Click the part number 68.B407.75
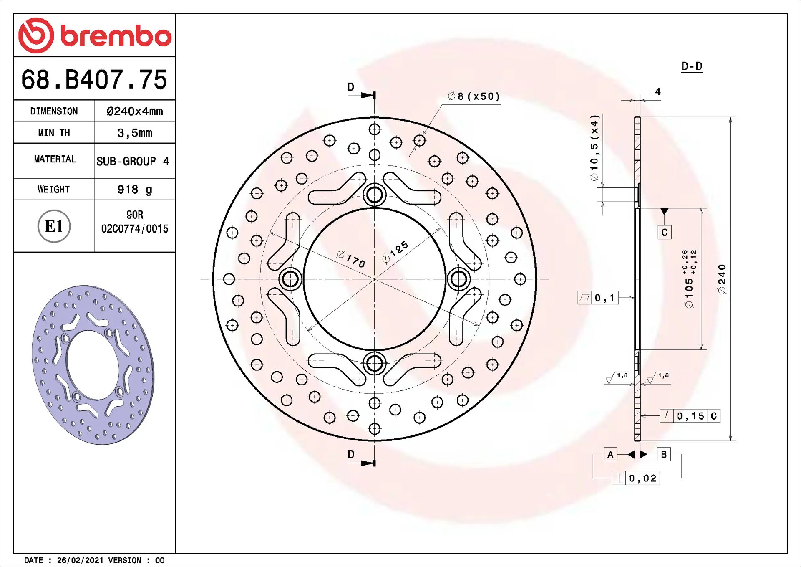tap(94, 79)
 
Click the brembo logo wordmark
tap(116, 36)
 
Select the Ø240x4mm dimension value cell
tap(135, 111)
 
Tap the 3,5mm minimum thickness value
tap(135, 133)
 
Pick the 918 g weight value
tap(135, 190)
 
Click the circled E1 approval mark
tap(54, 226)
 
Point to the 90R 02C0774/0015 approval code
tap(135, 222)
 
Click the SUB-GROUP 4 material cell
tap(133, 161)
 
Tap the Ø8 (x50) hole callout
tap(474, 96)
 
